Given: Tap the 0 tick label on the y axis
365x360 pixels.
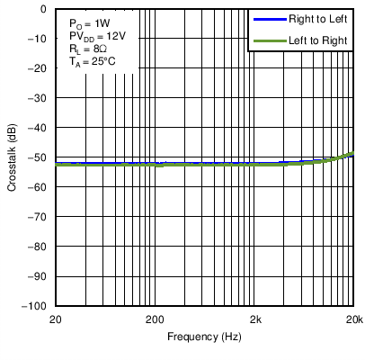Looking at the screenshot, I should pyautogui.click(x=44, y=9).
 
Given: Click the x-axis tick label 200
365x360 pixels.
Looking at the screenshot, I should pyautogui.click(x=155, y=319).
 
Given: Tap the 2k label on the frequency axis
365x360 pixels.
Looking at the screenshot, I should pyautogui.click(x=255, y=319).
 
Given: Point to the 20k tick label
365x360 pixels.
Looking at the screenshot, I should pyautogui.click(x=354, y=319).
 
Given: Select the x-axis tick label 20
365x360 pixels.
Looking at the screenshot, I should pyautogui.click(x=56, y=319).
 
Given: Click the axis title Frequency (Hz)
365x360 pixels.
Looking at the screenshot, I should pyautogui.click(x=204, y=337).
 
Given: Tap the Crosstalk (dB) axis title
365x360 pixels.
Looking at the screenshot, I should pyautogui.click(x=12, y=157).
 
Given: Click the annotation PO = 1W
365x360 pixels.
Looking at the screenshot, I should pyautogui.click(x=87, y=21).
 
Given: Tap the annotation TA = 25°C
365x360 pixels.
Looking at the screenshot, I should pyautogui.click(x=93, y=62).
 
